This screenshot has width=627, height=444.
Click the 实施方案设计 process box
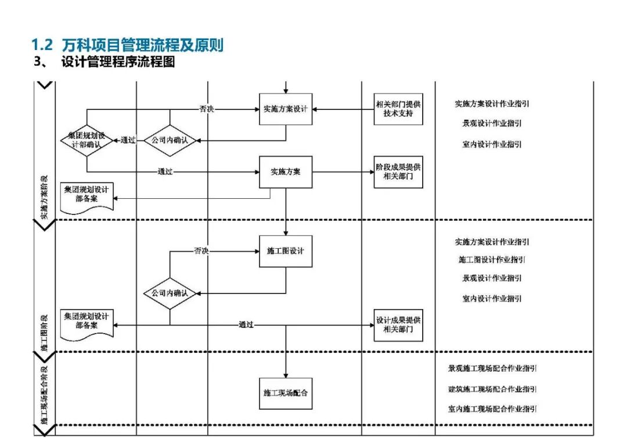[x=285, y=109]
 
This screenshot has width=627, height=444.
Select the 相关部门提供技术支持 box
[x=398, y=109]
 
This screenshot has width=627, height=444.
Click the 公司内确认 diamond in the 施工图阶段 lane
[x=170, y=293]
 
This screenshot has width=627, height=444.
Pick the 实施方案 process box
[x=285, y=172]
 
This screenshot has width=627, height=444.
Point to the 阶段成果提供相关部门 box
[x=398, y=172]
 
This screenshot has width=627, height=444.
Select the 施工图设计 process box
[x=285, y=251]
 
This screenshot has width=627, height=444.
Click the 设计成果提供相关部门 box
[x=398, y=325]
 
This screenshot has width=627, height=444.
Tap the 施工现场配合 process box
[x=285, y=393]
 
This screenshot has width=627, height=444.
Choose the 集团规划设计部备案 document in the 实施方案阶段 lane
[x=87, y=196]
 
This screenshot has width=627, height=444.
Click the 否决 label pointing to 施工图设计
[x=201, y=251]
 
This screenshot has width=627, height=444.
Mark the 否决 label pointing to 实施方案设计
[x=206, y=109]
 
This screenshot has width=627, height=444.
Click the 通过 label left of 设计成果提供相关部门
[x=246, y=325]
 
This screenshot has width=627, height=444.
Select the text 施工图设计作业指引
[x=492, y=259]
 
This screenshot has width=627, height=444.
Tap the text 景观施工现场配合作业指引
[x=492, y=368]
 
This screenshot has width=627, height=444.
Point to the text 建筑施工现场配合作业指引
[x=492, y=389]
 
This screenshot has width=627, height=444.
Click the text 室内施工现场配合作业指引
[x=492, y=409]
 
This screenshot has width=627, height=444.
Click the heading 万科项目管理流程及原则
[x=142, y=45]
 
